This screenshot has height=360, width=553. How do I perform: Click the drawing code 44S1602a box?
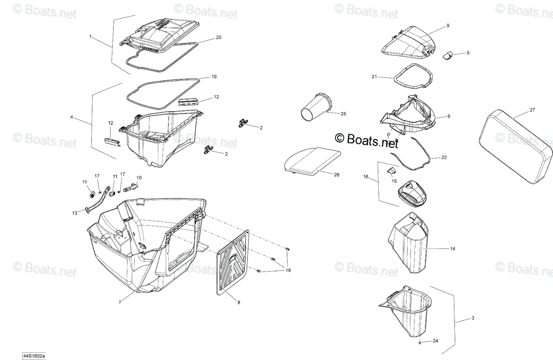click(34, 356)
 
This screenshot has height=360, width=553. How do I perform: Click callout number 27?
click(532, 110)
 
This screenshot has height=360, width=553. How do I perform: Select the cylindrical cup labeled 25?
click(317, 107)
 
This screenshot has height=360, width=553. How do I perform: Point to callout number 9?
click(448, 25)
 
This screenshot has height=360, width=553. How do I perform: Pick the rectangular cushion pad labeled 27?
click(516, 147)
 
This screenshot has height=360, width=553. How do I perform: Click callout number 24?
click(435, 341)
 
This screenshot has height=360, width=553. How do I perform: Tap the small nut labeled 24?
click(420, 343)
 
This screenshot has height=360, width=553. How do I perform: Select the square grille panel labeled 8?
click(233, 262)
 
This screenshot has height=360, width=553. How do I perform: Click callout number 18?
click(288, 270)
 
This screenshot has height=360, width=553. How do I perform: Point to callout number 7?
click(120, 302)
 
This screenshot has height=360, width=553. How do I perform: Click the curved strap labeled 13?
click(98, 199)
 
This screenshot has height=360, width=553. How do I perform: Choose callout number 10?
click(139, 177)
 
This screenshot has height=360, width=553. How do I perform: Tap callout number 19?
click(214, 77)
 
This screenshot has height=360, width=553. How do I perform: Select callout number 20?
click(218, 37)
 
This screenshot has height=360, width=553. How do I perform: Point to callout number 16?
click(365, 177)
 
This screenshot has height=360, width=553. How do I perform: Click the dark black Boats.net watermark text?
click(366, 140)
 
